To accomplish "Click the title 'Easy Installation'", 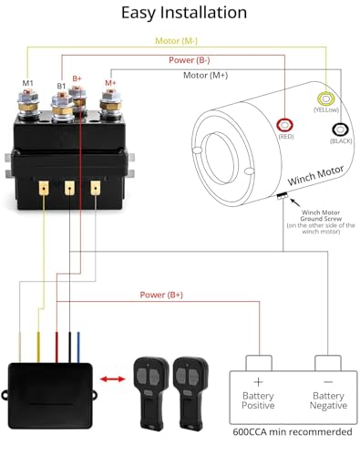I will coord(180,13).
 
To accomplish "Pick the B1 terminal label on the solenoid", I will coord(62,86).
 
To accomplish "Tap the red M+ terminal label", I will coord(111,83).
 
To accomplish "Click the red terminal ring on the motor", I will coord(285,124).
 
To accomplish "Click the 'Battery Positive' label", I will coord(258,399).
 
